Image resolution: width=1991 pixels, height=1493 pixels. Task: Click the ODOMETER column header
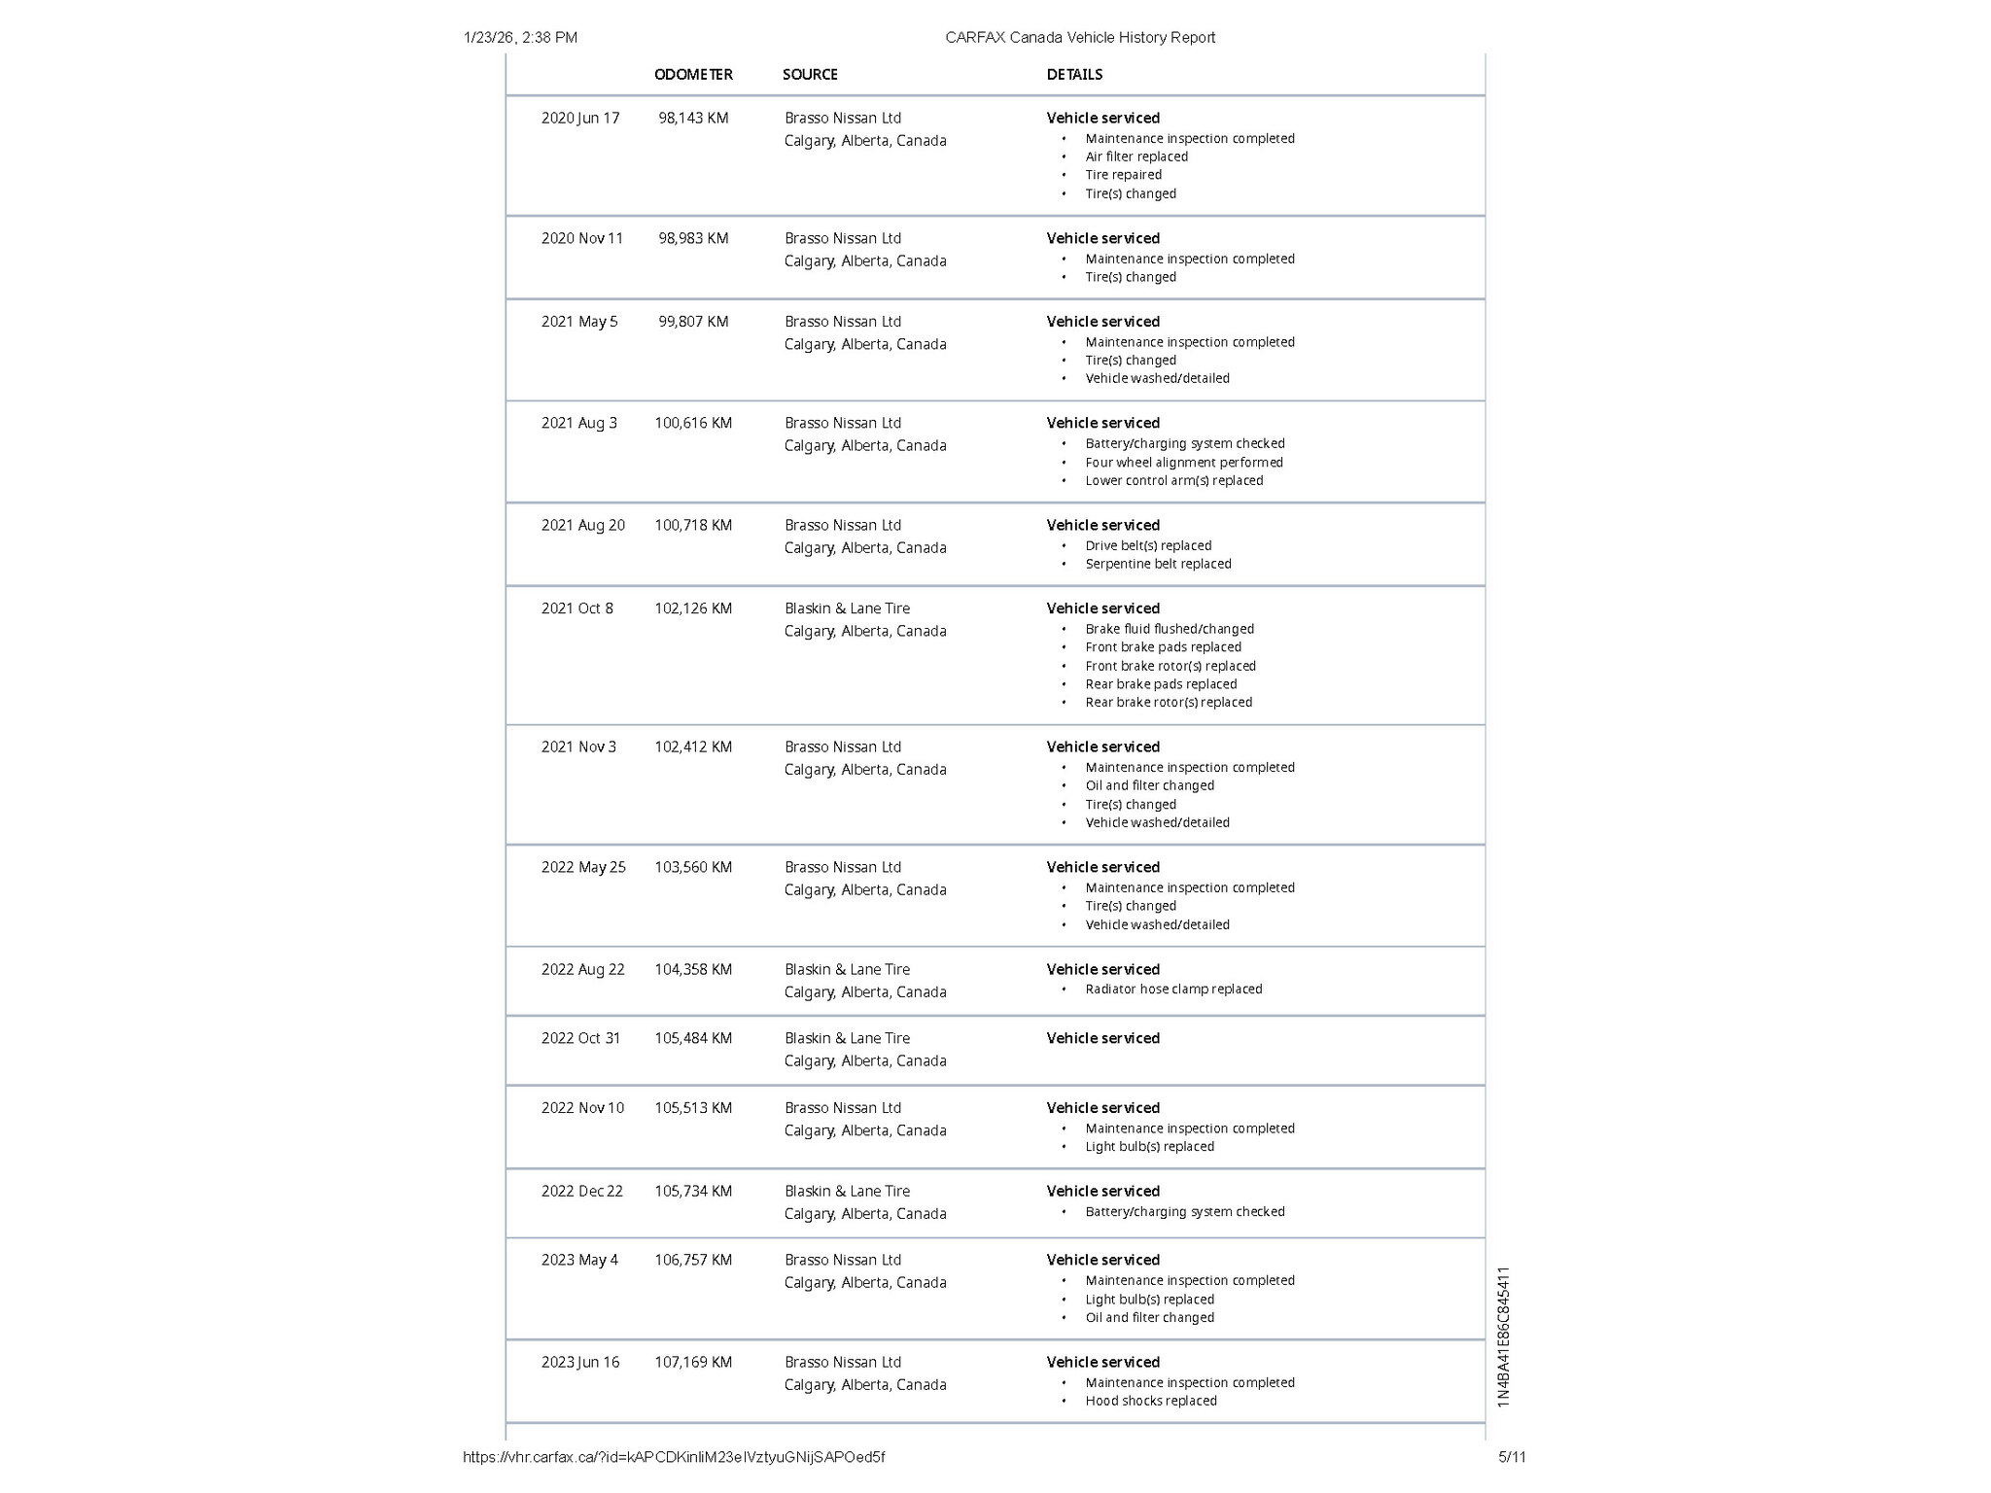click(693, 75)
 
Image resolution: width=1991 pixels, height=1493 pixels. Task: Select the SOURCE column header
click(810, 75)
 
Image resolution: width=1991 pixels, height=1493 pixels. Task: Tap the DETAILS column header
click(1074, 75)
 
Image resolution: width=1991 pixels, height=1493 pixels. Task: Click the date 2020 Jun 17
click(580, 119)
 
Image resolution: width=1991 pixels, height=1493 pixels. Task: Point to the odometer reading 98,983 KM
click(693, 239)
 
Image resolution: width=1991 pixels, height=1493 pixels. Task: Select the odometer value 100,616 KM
click(693, 424)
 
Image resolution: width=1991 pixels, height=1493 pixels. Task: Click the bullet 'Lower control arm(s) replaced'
click(1174, 481)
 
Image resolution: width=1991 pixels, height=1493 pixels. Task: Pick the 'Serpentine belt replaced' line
click(1158, 564)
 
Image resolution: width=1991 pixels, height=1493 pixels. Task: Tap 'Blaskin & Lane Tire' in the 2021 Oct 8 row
click(847, 609)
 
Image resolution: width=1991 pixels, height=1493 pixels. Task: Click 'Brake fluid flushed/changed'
click(1170, 630)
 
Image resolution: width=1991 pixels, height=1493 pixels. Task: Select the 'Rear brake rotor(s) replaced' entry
click(1169, 703)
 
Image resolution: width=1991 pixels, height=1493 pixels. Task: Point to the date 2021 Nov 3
click(578, 747)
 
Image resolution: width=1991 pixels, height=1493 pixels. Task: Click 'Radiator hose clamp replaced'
click(1173, 990)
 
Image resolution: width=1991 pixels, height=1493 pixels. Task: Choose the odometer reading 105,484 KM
click(693, 1039)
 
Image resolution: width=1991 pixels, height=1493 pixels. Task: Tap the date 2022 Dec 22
click(582, 1192)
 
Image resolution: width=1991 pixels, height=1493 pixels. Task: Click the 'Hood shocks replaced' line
click(1151, 1402)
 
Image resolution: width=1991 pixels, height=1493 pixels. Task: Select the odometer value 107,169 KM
click(693, 1363)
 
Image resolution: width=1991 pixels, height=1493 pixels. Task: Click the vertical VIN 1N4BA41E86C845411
click(1504, 1337)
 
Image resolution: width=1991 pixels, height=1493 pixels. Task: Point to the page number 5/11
click(1512, 1457)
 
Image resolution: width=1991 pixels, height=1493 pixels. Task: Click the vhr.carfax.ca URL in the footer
click(674, 1457)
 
